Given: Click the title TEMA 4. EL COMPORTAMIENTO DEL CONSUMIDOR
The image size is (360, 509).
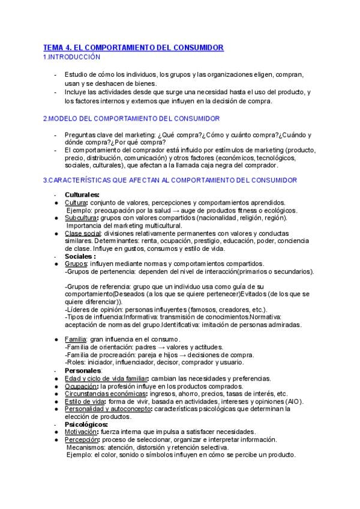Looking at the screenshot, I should [x=133, y=47].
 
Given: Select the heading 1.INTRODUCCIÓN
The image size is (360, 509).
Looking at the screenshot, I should [x=71, y=56].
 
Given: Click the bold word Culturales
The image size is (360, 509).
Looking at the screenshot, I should [x=82, y=194].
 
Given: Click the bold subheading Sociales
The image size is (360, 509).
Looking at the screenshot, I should [x=80, y=256].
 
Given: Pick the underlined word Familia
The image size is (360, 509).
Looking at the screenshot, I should [x=76, y=340].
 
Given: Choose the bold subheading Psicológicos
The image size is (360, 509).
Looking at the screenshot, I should [x=86, y=424].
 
